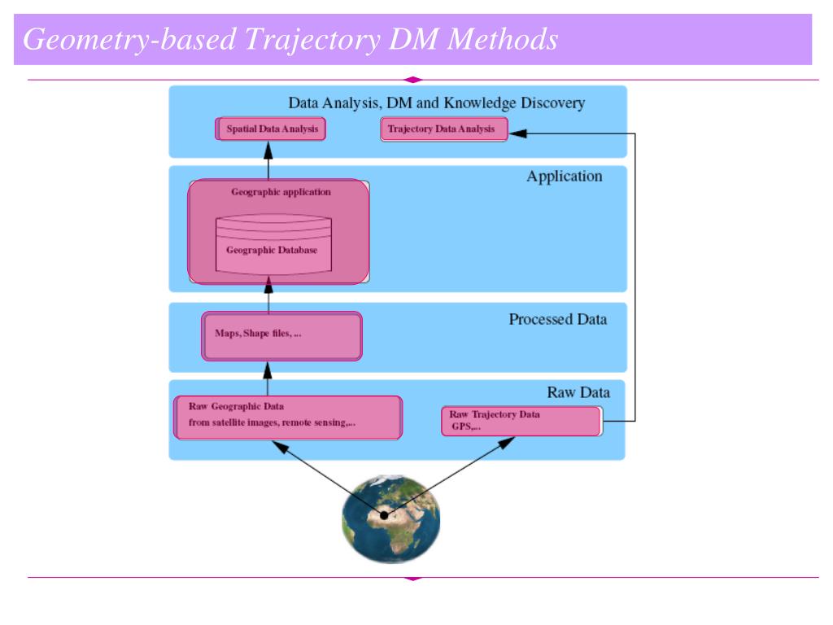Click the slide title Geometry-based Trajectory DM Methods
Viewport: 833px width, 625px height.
click(x=290, y=39)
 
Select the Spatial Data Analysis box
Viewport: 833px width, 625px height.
click(x=270, y=129)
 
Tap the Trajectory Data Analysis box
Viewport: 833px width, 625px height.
click(x=444, y=129)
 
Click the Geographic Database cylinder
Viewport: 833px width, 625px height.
click(x=273, y=244)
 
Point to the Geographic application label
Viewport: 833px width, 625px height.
click(x=281, y=192)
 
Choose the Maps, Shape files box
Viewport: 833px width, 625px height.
click(x=281, y=336)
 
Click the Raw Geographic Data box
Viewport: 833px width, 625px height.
click(x=288, y=417)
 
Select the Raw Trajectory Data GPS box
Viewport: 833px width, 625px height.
click(x=522, y=421)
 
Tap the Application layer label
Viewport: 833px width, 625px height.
click(x=565, y=177)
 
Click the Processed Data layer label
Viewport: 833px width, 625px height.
click(x=558, y=319)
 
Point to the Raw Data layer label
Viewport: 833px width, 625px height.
click(x=578, y=392)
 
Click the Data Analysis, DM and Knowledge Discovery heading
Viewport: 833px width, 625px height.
click(x=437, y=103)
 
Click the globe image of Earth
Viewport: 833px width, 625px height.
click(x=391, y=518)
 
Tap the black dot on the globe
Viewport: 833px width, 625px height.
click(x=384, y=515)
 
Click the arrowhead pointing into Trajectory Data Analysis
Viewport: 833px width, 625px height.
click(x=517, y=133)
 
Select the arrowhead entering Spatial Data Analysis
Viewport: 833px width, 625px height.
click(x=268, y=151)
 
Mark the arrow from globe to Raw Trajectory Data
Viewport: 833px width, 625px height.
click(x=449, y=475)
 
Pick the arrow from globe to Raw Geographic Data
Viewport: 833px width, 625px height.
click(x=328, y=478)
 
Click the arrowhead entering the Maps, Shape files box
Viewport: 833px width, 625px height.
click(x=268, y=370)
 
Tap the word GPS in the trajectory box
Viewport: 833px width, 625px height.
click(x=461, y=426)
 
